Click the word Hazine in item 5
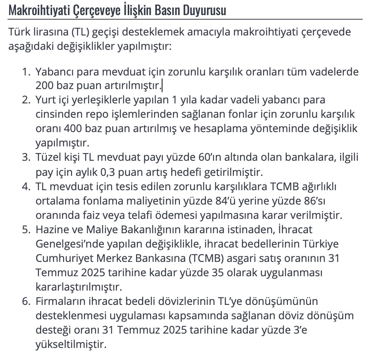51,229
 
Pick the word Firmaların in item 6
57,302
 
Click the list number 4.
25,187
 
